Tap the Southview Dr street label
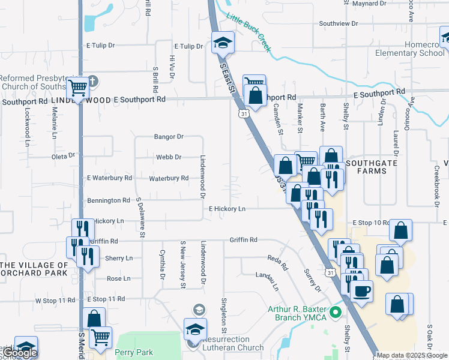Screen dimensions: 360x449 (x=338, y=23)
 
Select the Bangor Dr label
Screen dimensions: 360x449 (x=169, y=137)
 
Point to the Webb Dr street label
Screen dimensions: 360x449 (x=169, y=157)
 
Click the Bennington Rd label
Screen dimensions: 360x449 (x=109, y=200)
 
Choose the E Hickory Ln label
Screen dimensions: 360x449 (x=227, y=209)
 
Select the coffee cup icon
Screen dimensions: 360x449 (x=361, y=292)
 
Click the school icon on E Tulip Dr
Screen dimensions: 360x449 (x=223, y=42)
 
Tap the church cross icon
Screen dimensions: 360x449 (x=92, y=80)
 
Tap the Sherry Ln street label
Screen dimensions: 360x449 (x=119, y=258)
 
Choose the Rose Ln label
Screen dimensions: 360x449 (x=118, y=278)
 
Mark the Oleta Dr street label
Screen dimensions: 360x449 (x=63, y=155)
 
